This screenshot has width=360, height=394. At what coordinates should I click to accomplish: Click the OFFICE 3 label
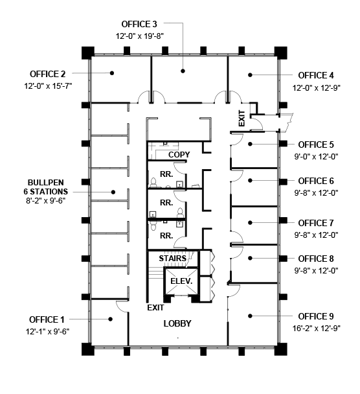(139, 24)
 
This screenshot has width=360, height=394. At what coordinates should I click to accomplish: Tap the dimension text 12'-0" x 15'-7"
(48, 86)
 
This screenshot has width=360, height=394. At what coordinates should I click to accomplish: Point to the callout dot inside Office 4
(250, 75)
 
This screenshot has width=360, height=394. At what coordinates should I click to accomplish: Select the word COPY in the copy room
(179, 154)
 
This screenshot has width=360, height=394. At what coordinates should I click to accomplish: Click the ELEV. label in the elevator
(181, 281)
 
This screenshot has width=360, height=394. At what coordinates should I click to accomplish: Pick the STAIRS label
(173, 258)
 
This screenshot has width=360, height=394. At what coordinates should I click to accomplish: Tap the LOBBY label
(177, 323)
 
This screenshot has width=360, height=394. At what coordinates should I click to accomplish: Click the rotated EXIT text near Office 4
(242, 118)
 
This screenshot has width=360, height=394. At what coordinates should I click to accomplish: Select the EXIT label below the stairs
(155, 308)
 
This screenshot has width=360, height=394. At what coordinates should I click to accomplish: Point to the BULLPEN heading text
(46, 182)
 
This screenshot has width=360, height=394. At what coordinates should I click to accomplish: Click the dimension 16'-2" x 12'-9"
(317, 328)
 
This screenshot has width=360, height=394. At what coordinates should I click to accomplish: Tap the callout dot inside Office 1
(110, 319)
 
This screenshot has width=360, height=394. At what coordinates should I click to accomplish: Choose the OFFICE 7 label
(316, 223)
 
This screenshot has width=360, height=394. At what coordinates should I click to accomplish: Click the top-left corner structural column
(88, 52)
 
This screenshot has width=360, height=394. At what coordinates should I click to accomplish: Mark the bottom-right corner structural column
(280, 349)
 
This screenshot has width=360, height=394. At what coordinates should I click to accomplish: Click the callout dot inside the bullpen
(113, 192)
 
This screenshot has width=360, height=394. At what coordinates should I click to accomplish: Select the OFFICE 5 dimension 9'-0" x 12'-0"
(316, 157)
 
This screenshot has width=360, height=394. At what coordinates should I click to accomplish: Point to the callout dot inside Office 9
(250, 316)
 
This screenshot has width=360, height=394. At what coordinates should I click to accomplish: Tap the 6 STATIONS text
(46, 191)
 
